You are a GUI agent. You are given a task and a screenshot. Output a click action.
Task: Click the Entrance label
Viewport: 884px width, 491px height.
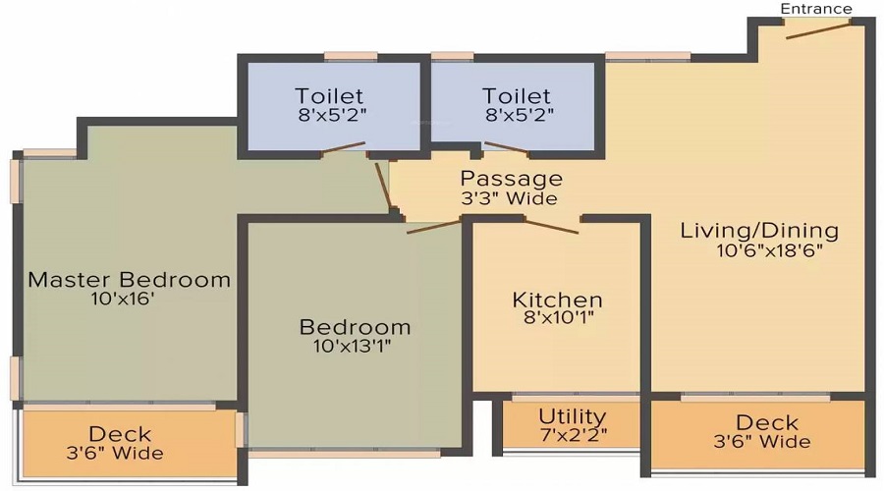click(x=816, y=9)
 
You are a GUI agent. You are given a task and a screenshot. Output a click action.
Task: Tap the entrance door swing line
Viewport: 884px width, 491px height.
click(x=818, y=27)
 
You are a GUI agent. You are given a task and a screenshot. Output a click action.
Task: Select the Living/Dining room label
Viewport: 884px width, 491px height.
click(x=760, y=231)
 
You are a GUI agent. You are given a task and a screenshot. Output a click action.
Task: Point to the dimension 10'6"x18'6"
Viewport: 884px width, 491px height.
click(x=769, y=250)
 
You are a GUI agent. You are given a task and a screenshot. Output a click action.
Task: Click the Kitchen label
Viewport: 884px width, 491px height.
click(x=557, y=300)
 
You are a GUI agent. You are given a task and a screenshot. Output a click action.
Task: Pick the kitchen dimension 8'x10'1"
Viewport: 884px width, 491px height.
click(x=558, y=318)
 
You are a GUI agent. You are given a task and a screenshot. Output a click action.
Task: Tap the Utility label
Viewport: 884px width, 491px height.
click(x=572, y=416)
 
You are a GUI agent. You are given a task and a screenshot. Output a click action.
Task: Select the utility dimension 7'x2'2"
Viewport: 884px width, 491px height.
click(x=572, y=435)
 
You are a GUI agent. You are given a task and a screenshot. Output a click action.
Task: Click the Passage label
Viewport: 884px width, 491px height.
click(x=512, y=179)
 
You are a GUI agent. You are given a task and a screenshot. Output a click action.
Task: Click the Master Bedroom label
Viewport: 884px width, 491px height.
click(x=129, y=279)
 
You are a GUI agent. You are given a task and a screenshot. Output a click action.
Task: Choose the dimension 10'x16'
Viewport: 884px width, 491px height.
click(x=122, y=299)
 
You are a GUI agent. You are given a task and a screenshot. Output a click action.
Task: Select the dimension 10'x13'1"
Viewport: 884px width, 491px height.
click(x=355, y=346)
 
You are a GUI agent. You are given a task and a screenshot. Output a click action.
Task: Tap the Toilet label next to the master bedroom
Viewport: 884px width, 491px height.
click(x=329, y=96)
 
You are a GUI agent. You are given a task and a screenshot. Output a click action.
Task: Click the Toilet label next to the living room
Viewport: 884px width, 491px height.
click(x=517, y=96)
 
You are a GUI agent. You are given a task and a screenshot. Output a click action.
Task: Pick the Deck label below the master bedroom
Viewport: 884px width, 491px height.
click(x=120, y=433)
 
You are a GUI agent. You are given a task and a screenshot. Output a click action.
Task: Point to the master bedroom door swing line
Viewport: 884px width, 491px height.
click(x=383, y=184)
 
